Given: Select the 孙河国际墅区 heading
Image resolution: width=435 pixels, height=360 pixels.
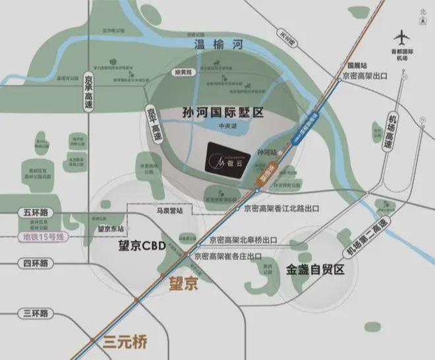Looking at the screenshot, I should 222,113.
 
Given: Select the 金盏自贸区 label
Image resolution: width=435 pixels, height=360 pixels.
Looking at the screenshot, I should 315,270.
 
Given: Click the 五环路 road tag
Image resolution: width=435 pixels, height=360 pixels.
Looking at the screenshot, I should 34,214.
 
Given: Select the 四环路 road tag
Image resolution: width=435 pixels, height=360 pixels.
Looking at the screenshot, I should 34,262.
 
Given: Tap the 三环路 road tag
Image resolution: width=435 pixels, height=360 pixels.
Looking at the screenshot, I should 34,312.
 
